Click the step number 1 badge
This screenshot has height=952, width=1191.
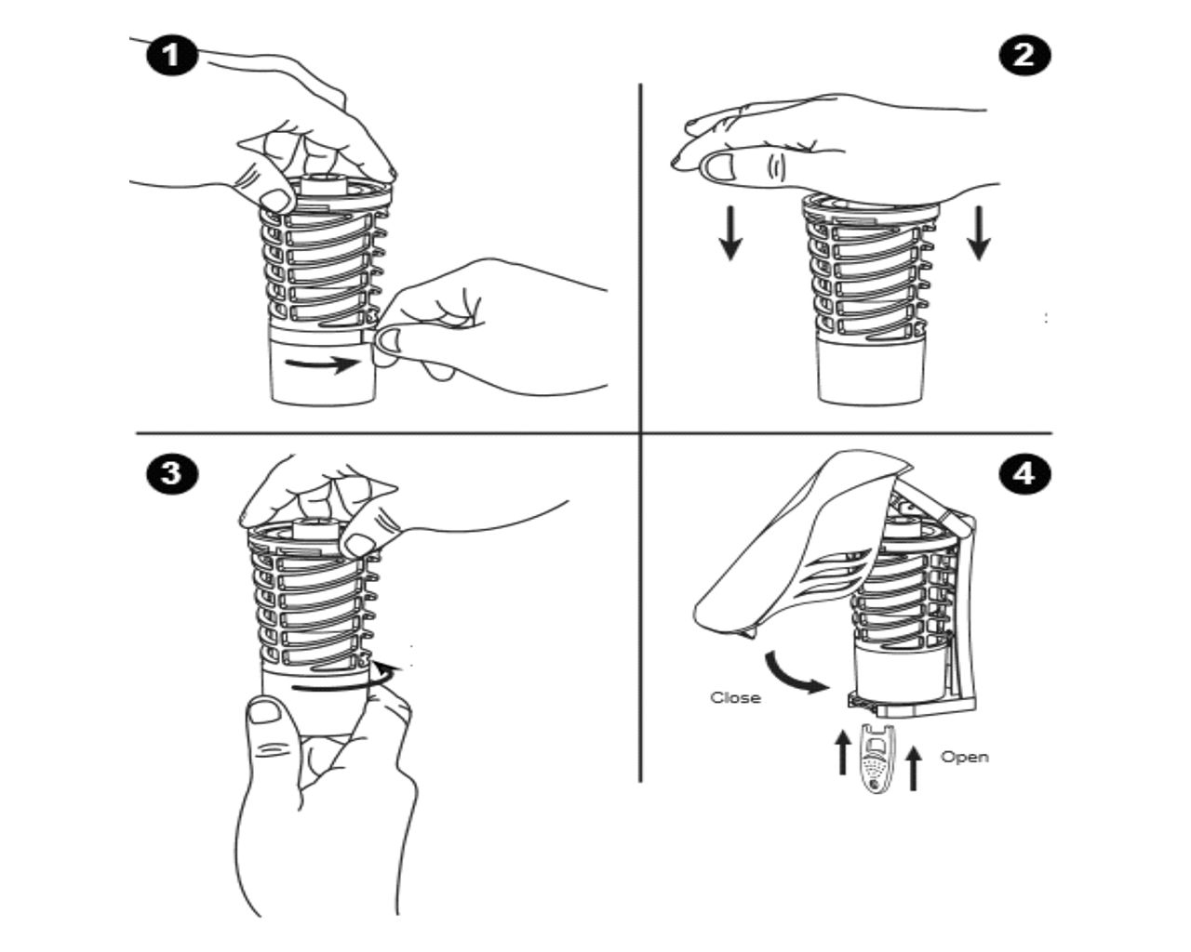coord(171,57)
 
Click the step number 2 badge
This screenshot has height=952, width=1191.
coord(1024,56)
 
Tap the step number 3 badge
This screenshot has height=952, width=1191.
coord(171,474)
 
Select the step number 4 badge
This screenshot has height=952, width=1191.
coord(1024,474)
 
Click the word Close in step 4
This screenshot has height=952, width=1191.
coord(735,697)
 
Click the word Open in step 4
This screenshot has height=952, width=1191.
coord(965,758)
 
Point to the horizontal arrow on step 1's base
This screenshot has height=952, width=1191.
coord(323,364)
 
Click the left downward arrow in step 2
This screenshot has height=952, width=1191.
coord(730,232)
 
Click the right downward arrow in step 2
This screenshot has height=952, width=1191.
coord(979,232)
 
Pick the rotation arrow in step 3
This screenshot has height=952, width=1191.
coord(346,678)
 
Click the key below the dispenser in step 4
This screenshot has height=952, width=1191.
coord(877,759)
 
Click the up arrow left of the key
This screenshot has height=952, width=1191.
coord(842,753)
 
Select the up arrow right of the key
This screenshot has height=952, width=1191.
coord(913,768)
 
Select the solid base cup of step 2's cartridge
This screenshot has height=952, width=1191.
coord(870,374)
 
